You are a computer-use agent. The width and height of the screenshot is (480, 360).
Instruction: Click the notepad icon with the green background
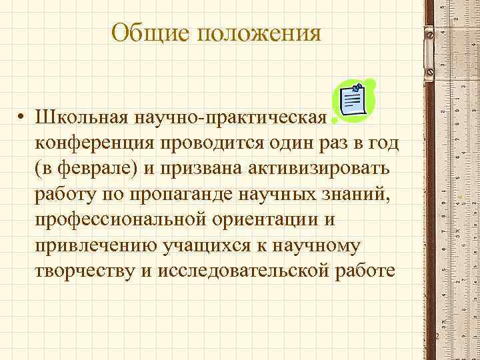[x=354, y=101]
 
